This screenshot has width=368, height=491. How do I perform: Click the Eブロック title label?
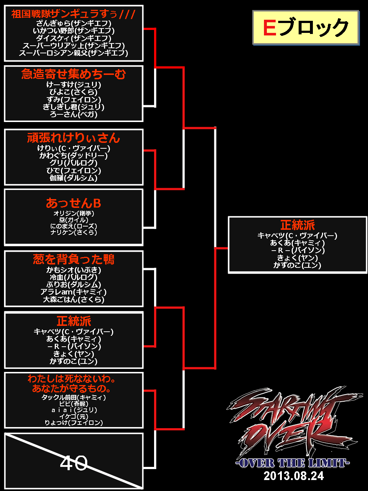[305, 28]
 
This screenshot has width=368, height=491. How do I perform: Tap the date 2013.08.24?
[294, 476]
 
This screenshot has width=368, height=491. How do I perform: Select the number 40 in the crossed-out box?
[74, 463]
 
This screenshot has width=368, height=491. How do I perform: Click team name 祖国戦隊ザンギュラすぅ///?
[73, 14]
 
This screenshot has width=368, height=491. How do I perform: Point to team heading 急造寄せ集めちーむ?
[73, 74]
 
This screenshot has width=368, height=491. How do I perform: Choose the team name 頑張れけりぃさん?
[73, 138]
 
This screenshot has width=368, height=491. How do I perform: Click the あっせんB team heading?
[73, 203]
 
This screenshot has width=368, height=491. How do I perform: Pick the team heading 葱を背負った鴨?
[73, 259]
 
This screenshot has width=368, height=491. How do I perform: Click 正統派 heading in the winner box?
[298, 225]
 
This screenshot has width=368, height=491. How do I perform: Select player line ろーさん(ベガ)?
[73, 114]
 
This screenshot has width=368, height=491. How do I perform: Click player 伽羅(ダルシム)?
[73, 178]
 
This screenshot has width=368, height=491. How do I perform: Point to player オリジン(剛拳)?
[73, 213]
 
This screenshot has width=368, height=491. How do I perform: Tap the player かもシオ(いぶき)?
[73, 270]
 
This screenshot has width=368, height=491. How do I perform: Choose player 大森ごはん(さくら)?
[73, 300]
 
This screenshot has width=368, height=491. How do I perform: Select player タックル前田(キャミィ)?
[73, 397]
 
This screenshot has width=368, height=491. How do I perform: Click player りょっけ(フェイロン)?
[73, 423]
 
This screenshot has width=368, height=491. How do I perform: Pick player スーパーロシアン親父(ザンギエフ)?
[73, 53]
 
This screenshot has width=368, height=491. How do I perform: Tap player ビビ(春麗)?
[73, 404]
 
